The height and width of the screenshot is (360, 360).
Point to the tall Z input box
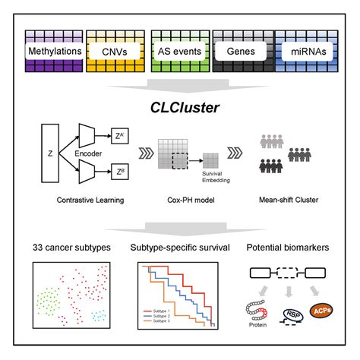click(x=49, y=151)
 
